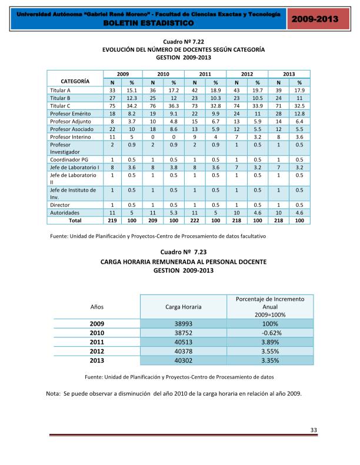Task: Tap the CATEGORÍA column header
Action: (x=75, y=81)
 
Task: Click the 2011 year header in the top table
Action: (x=205, y=74)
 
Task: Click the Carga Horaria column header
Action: (x=184, y=307)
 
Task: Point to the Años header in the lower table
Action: (x=97, y=307)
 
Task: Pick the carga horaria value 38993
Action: (x=184, y=324)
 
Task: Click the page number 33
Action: (x=314, y=430)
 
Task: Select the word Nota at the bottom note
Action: (x=54, y=393)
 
